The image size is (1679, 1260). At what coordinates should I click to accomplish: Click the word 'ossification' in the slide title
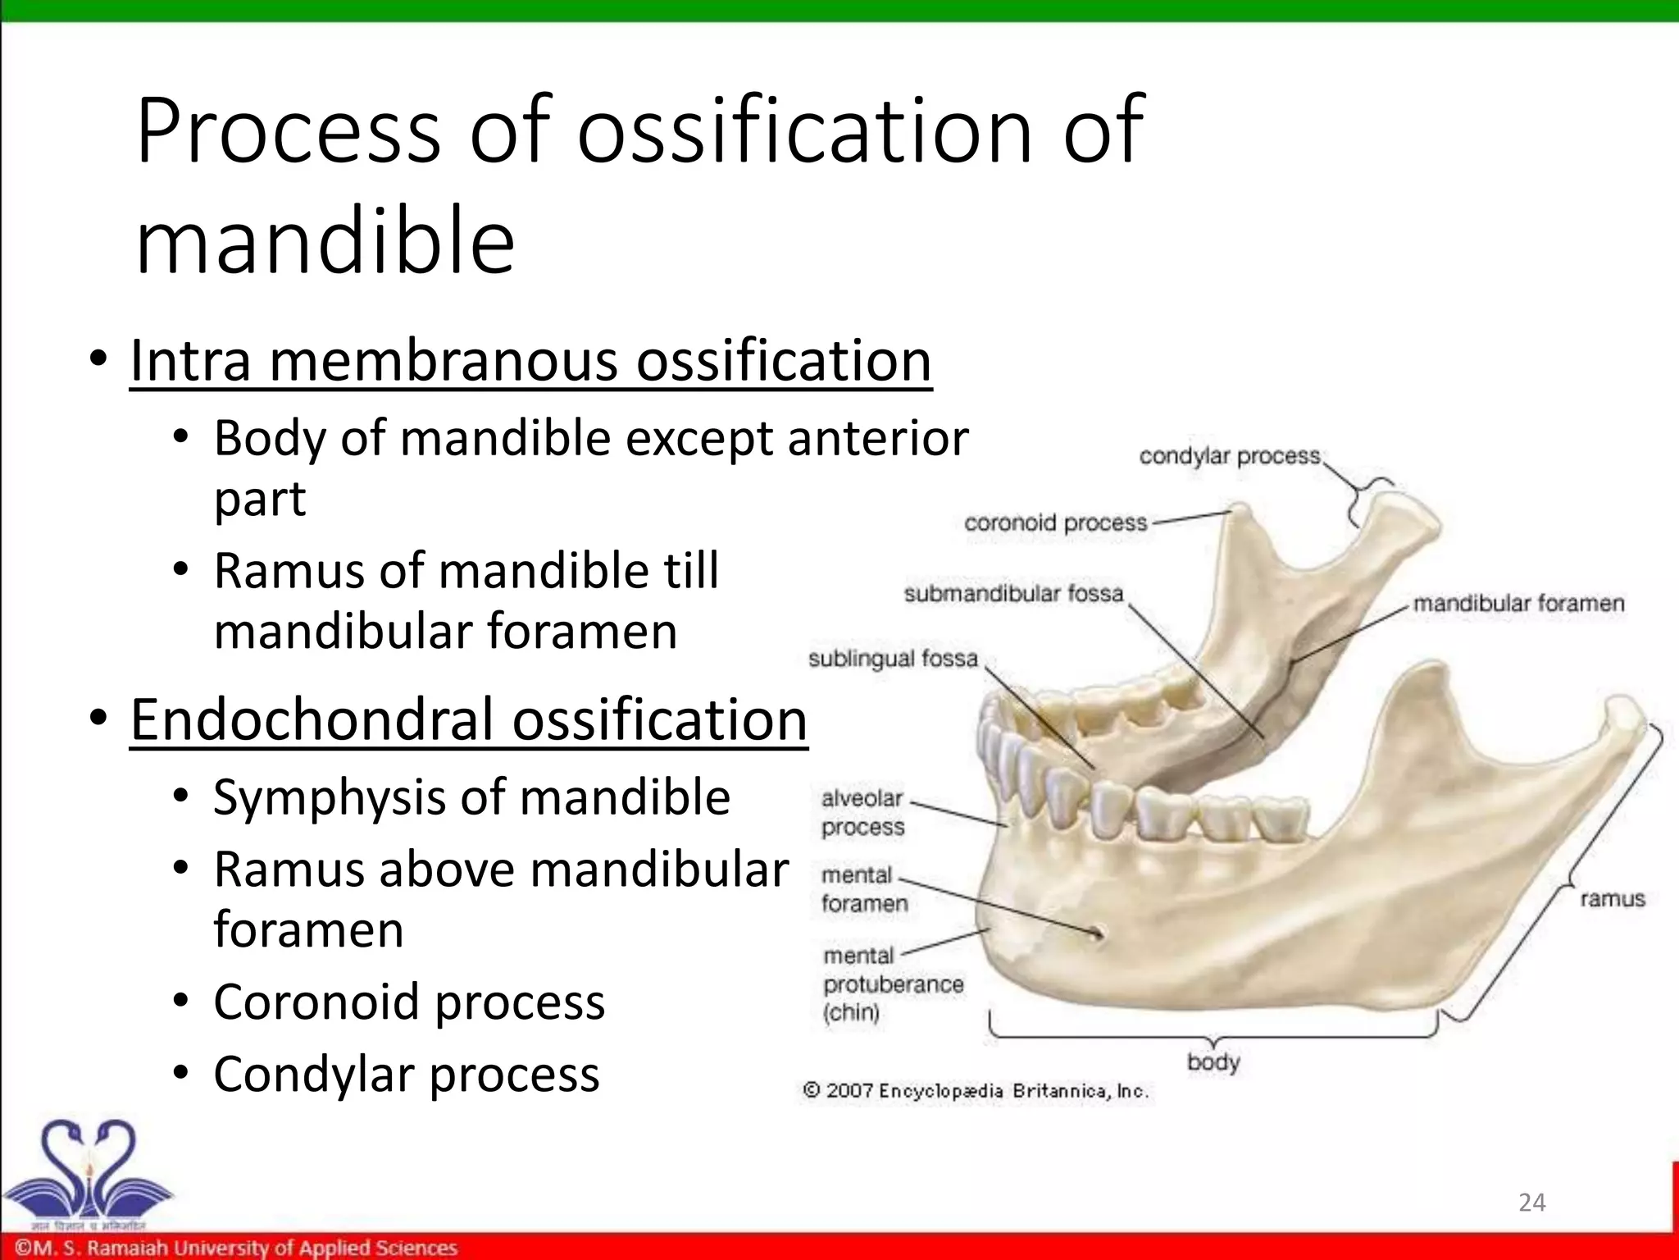click(x=803, y=131)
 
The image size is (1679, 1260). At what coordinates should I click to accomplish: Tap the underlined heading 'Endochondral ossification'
click(x=469, y=720)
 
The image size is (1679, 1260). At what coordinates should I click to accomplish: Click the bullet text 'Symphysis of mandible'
click(x=471, y=797)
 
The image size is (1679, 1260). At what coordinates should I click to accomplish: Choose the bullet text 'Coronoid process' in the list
click(x=409, y=1002)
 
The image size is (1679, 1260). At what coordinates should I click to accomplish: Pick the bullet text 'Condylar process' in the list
click(x=407, y=1075)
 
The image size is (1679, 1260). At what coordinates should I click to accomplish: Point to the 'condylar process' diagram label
click(x=1229, y=456)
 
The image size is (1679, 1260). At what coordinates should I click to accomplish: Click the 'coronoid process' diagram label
click(x=1055, y=523)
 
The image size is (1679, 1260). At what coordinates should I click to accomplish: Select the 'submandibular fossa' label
click(x=1013, y=594)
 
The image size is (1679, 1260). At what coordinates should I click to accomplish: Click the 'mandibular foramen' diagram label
click(x=1518, y=604)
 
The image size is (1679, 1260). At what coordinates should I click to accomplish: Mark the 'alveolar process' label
click(x=862, y=812)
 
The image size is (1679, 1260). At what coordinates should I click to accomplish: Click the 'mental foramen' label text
click(x=864, y=889)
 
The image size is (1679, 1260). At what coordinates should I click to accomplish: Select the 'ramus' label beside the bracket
click(x=1612, y=900)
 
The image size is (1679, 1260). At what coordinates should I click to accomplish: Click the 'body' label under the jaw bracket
click(x=1213, y=1063)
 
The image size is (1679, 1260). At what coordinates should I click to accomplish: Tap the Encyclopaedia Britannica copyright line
click(x=976, y=1091)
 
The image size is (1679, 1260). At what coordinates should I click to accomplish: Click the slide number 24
click(x=1531, y=1203)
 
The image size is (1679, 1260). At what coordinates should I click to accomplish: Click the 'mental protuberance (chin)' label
click(x=892, y=984)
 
